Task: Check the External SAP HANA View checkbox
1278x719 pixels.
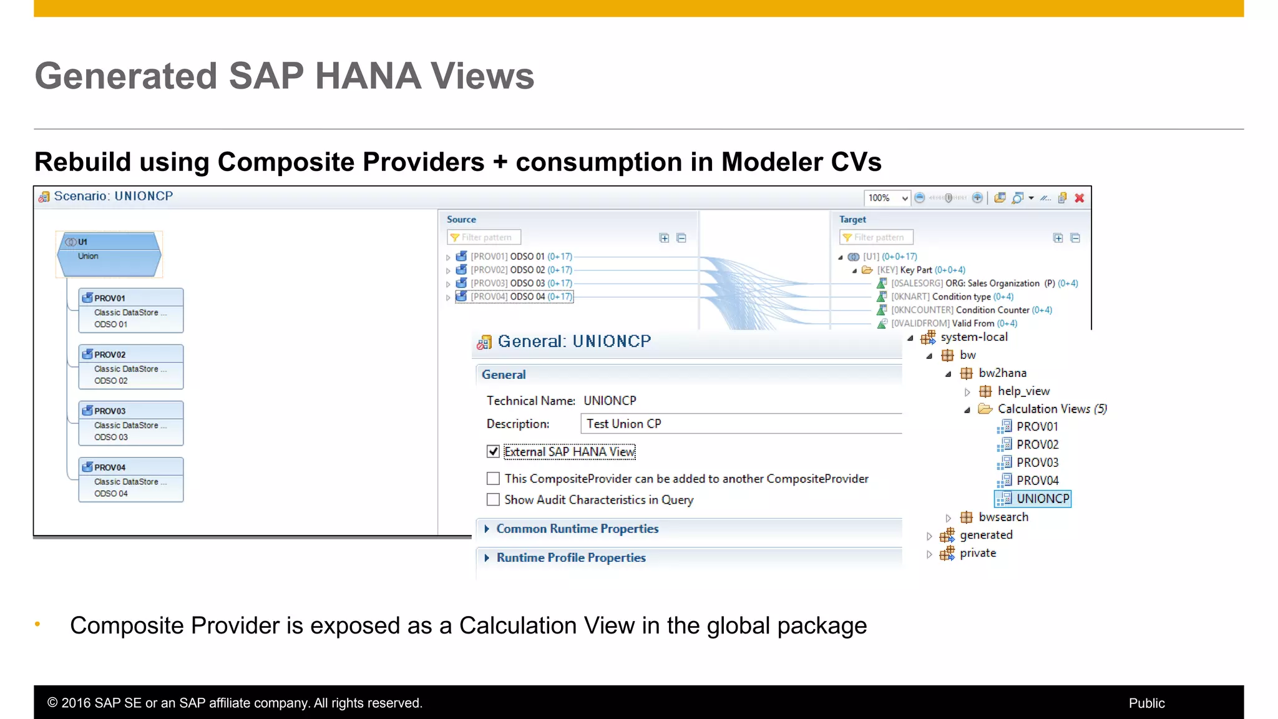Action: coord(493,451)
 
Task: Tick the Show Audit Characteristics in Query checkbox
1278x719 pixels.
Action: coord(493,500)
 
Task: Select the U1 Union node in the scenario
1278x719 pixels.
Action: coord(109,255)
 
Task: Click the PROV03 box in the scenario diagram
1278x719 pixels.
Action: coord(130,423)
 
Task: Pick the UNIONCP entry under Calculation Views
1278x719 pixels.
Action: coord(1042,499)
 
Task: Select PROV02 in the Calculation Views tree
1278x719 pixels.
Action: coord(1037,444)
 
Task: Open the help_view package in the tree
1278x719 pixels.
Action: coord(1023,391)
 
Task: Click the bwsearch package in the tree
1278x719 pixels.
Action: coord(1003,517)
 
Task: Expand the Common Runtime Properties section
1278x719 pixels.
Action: coord(577,529)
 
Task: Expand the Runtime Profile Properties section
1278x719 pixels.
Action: coord(570,558)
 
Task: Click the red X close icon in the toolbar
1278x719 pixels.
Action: coord(1080,198)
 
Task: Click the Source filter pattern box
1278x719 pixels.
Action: coord(485,238)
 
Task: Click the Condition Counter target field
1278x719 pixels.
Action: coord(992,310)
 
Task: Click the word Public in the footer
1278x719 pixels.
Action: coord(1146,703)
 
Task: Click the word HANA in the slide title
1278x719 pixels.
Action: coord(368,76)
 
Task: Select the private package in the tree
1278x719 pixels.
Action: coord(977,554)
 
